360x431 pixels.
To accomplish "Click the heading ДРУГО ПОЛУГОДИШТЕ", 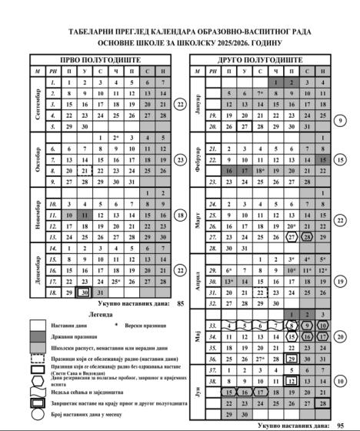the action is pyautogui.click(x=262, y=58).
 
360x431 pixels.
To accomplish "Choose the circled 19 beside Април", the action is pyautogui.click(x=340, y=282).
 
